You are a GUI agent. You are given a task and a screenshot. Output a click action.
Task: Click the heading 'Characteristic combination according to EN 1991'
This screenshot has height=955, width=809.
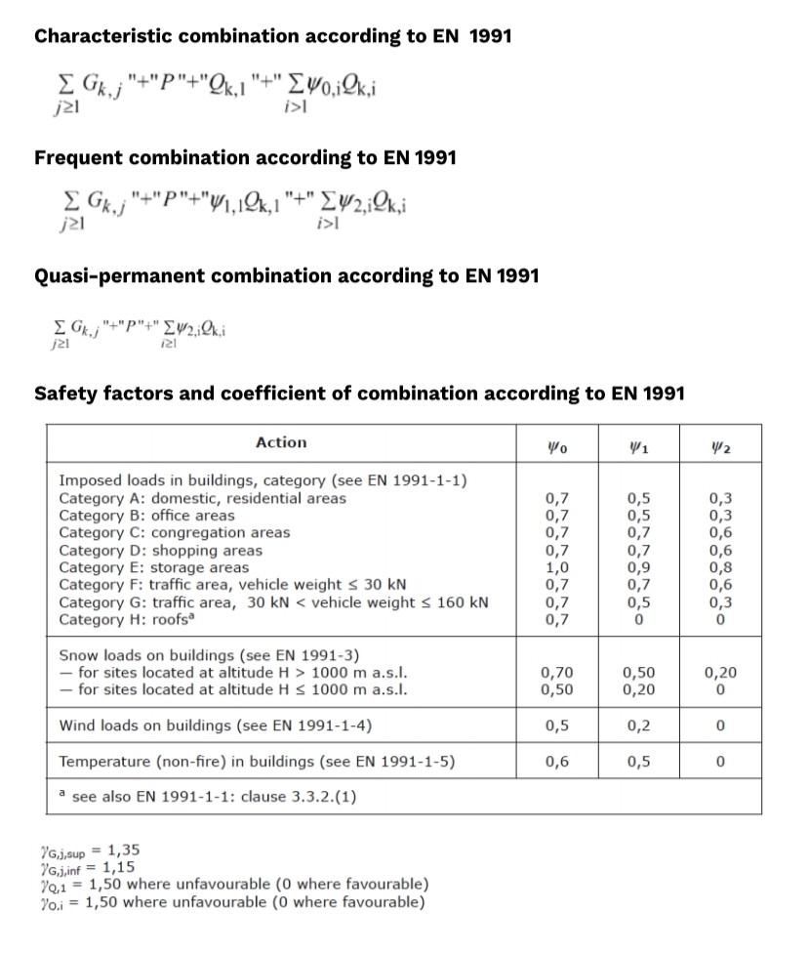(272, 36)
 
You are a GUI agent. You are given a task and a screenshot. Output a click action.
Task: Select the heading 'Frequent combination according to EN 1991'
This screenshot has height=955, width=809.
(245, 157)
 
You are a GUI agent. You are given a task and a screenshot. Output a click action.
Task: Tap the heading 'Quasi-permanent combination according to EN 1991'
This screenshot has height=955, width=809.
(286, 276)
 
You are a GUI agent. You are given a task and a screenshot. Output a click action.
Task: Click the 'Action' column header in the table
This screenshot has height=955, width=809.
(281, 442)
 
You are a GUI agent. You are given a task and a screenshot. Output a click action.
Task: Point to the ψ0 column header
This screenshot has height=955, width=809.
(557, 446)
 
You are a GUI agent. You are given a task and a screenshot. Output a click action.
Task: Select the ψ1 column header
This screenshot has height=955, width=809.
(639, 446)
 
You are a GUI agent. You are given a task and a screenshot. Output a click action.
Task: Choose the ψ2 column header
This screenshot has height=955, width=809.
(721, 446)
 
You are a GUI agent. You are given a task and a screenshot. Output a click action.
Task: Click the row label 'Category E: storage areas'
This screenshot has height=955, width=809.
(154, 567)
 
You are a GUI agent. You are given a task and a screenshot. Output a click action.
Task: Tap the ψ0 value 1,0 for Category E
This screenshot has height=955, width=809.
(557, 567)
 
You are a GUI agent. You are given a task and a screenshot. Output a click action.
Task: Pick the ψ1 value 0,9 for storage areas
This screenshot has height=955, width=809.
(639, 567)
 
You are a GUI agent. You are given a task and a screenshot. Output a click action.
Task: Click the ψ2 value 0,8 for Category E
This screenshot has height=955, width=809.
(721, 567)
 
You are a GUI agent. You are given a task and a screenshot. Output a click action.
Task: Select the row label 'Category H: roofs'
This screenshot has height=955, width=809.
(128, 619)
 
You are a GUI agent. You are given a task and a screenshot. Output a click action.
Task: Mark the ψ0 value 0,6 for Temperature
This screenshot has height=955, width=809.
(557, 762)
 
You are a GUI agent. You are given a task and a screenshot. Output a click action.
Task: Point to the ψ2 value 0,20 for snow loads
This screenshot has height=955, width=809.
(721, 673)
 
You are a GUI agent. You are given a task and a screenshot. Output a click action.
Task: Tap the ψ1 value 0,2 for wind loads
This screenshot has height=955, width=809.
(639, 726)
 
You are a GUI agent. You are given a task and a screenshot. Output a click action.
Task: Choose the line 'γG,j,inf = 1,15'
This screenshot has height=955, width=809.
(87, 866)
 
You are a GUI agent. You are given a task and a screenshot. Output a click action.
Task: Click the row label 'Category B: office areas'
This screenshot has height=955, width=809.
(146, 516)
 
